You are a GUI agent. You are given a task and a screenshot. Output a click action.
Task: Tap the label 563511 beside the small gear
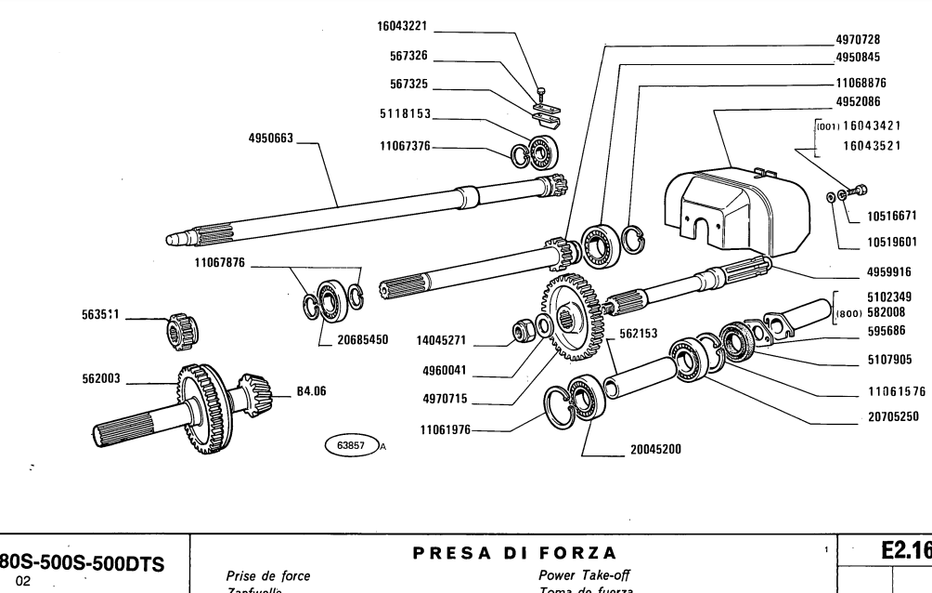(x=99, y=314)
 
